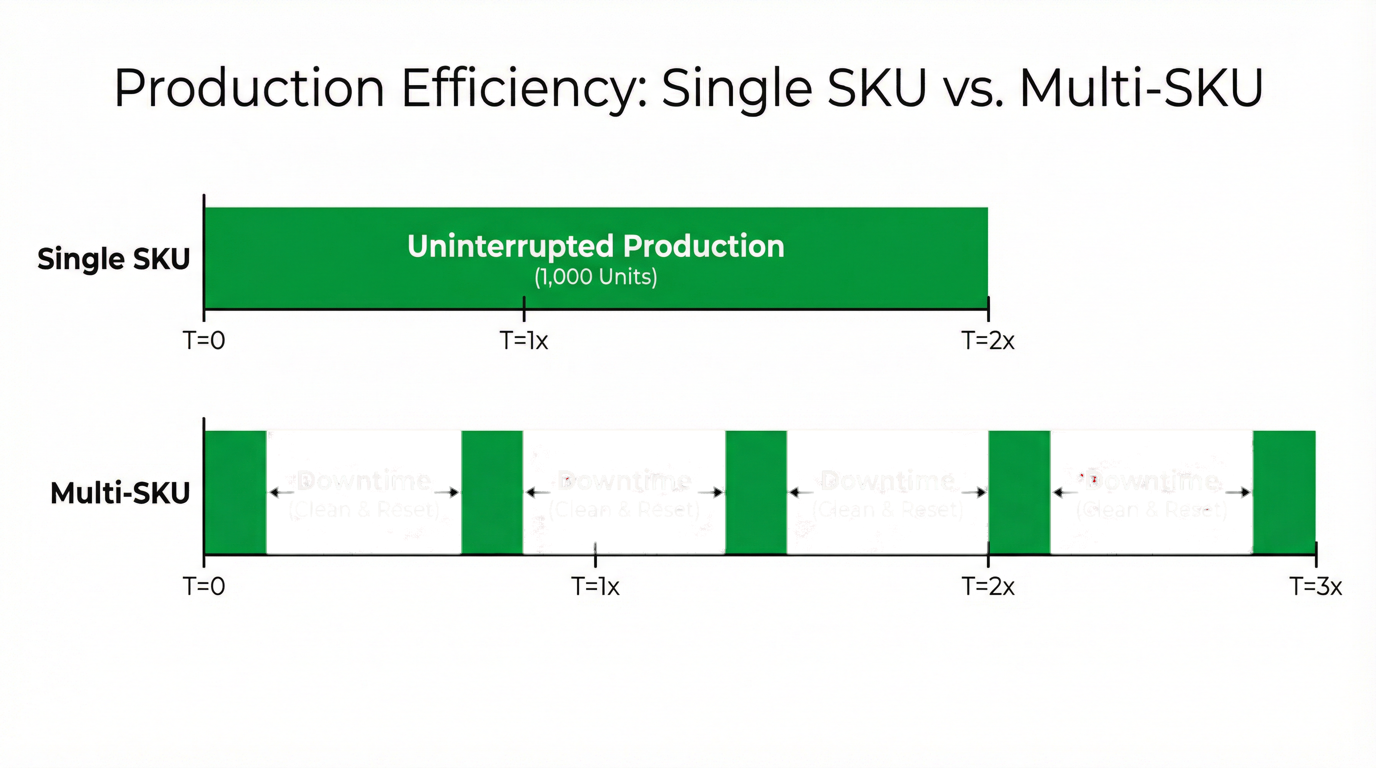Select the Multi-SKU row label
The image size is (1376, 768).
coord(120,493)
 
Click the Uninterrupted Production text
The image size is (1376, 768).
coord(595,246)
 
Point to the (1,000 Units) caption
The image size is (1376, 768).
coord(595,276)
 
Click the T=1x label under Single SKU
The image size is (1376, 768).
coord(524,340)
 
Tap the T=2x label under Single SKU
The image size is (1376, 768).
coord(987,340)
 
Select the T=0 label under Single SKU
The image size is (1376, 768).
coord(204,340)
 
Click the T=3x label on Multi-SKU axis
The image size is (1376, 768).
coord(1315,586)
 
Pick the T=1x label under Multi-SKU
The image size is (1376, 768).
coord(595,586)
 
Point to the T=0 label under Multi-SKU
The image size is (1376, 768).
coord(204,586)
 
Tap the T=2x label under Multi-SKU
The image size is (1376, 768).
coord(987,586)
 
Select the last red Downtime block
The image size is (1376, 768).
coord(1151,534)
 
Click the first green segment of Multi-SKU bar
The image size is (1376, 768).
coord(235,492)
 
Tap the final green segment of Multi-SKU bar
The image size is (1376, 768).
coord(1283,492)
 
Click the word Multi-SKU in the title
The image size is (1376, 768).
coord(1141,88)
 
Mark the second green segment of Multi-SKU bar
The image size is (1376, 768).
coord(492,492)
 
